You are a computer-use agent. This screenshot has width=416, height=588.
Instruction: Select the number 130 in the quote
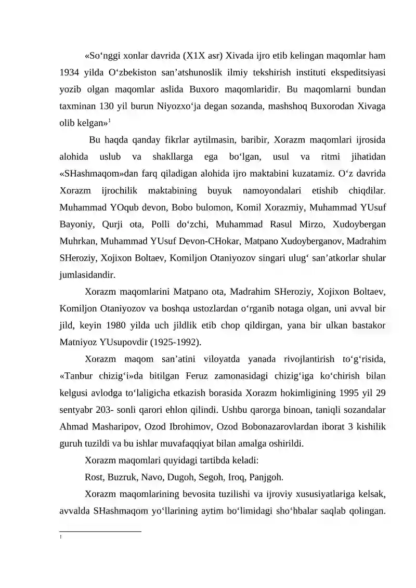pos(107,107)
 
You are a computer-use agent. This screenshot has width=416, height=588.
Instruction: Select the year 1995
pos(342,392)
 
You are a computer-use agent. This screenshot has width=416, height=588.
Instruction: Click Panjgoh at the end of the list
pos(266,477)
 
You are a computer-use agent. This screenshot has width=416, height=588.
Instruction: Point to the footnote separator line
pos(100,531)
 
